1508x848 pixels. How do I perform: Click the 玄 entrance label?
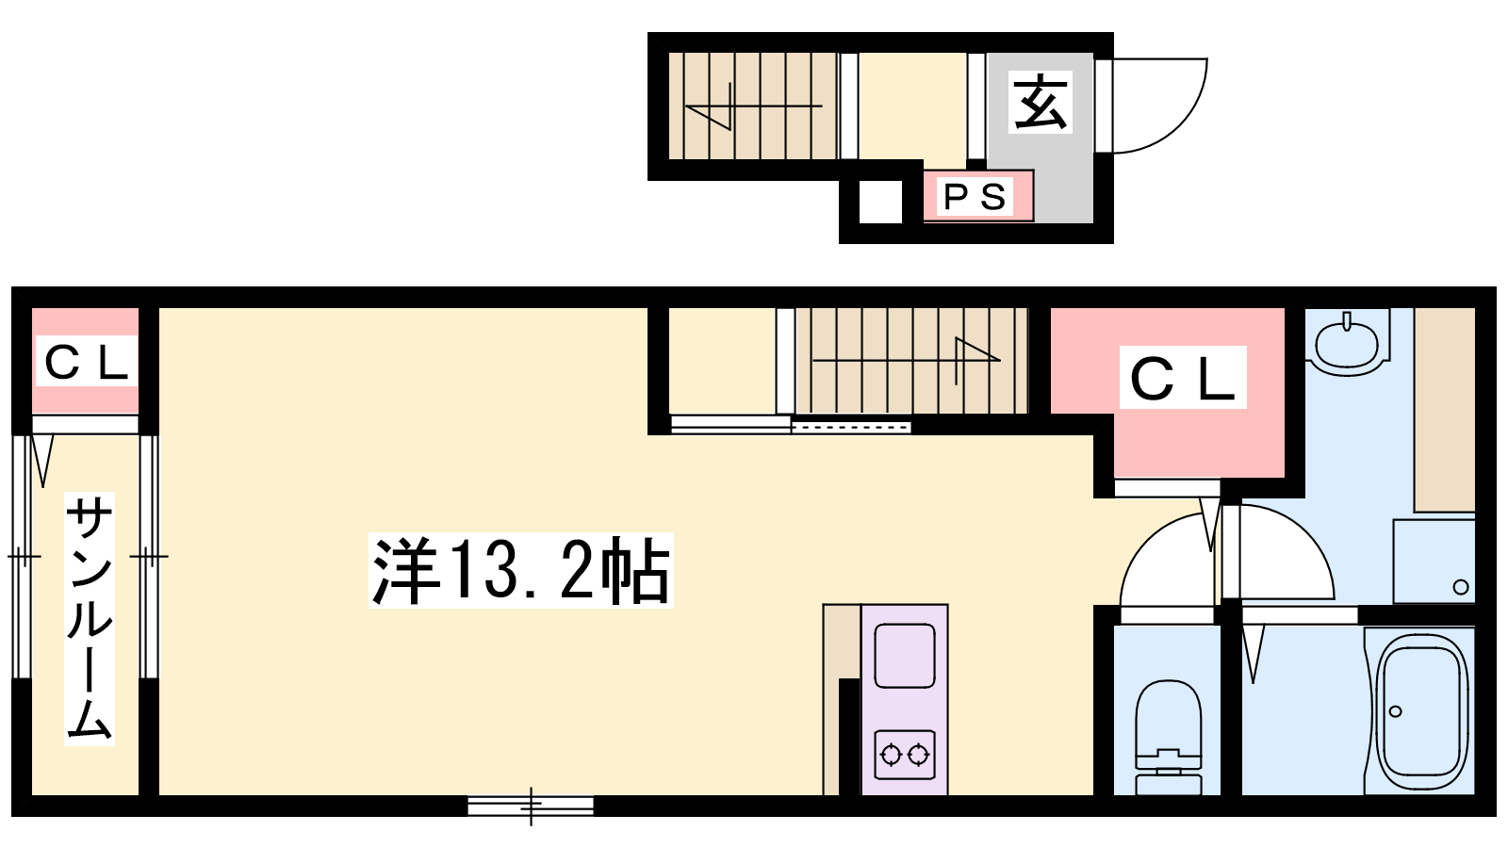(x=1041, y=103)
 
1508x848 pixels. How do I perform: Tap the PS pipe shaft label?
(x=975, y=197)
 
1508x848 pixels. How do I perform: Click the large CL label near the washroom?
(x=1182, y=378)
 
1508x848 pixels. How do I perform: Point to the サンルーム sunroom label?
(x=89, y=618)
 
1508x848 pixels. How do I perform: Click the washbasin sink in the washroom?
(x=1347, y=342)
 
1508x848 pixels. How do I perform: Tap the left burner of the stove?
(x=891, y=755)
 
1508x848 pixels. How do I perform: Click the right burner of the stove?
(x=918, y=755)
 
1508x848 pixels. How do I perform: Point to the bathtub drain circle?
(x=1396, y=711)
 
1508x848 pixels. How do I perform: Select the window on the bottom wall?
(x=531, y=806)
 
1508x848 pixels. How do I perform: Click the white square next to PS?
(x=880, y=202)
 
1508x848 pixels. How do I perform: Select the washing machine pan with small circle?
(x=1434, y=562)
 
